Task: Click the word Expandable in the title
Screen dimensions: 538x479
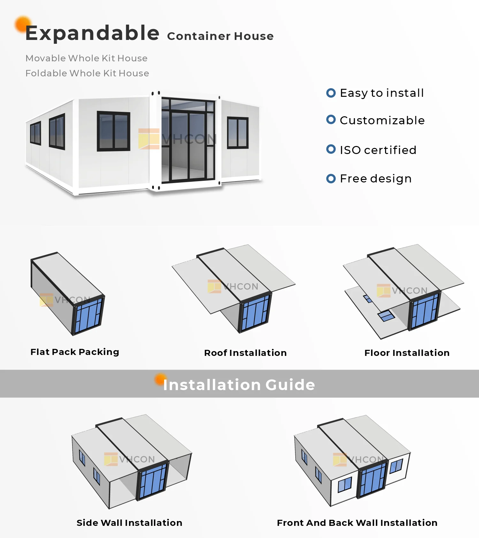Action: click(x=92, y=33)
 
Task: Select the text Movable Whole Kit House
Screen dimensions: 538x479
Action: click(x=86, y=58)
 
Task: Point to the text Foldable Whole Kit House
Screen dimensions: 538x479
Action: click(x=87, y=73)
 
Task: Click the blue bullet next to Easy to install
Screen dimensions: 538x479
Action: click(x=331, y=93)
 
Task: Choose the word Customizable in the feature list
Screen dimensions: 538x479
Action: click(x=382, y=120)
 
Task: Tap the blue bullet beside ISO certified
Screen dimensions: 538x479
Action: click(x=331, y=149)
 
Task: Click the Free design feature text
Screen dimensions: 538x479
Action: click(x=376, y=179)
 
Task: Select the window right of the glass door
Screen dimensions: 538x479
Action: click(x=238, y=133)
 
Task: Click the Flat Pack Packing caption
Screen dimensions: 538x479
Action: click(x=75, y=352)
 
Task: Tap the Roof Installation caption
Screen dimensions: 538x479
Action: click(x=245, y=353)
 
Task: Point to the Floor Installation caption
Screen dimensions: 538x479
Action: click(x=407, y=353)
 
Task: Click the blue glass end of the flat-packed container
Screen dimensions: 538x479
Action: click(x=88, y=316)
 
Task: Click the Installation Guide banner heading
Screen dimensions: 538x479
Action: click(x=239, y=385)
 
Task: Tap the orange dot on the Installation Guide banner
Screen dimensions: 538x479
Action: click(x=160, y=379)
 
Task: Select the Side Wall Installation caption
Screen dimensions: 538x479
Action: click(x=129, y=523)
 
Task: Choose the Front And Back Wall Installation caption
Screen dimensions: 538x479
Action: click(x=357, y=523)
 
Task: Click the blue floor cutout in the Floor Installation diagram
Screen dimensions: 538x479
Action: click(x=386, y=316)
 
